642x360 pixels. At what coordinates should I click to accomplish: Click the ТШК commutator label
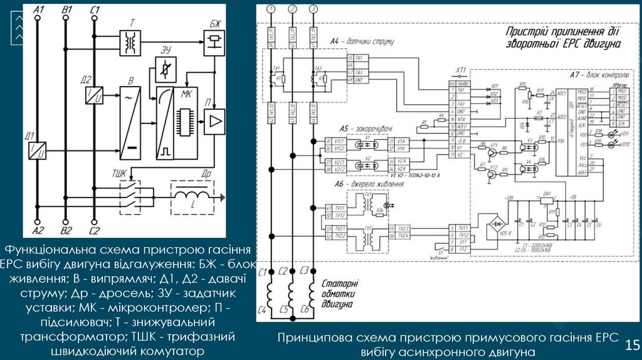coord(121,172)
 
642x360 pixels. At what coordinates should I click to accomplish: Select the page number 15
coord(631,344)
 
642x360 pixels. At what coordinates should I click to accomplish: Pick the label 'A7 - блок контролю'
coord(596,75)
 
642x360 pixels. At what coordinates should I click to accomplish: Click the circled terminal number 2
coord(293,9)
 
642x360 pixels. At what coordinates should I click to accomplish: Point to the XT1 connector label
coord(461,70)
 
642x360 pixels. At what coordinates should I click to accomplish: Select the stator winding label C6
coord(304,309)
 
